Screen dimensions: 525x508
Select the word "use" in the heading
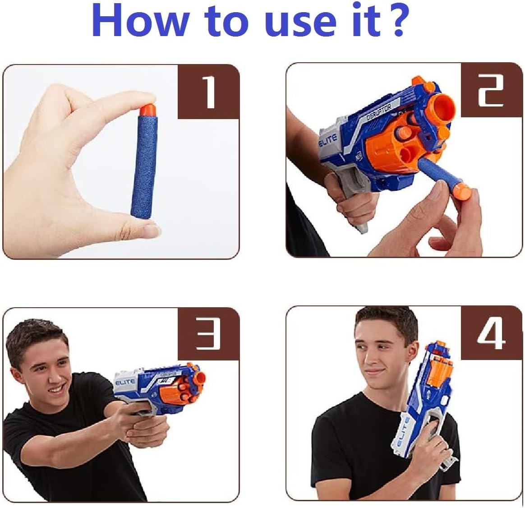click(x=300, y=23)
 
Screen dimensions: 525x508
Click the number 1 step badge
click(x=208, y=92)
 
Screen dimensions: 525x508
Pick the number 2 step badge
click(x=491, y=90)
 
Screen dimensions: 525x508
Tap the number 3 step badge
click(x=208, y=334)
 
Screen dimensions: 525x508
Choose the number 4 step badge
click(x=491, y=333)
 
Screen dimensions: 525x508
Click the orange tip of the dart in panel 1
click(x=147, y=110)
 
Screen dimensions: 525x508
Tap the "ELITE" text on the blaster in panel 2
click(x=328, y=140)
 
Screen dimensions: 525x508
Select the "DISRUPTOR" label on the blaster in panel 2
click(x=379, y=112)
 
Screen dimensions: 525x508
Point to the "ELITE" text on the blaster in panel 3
click(x=125, y=382)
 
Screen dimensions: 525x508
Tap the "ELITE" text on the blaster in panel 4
click(x=402, y=432)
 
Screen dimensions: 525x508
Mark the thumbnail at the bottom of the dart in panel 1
click(x=152, y=231)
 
